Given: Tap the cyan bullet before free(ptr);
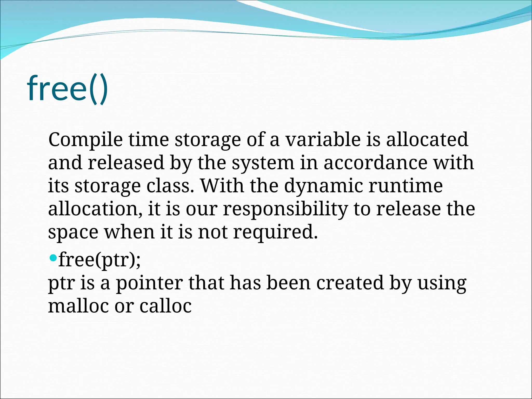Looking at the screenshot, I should [x=53, y=258].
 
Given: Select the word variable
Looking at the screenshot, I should [x=323, y=139].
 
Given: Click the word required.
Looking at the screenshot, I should [x=275, y=232].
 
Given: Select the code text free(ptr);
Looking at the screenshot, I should [x=99, y=260].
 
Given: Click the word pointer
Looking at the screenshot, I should [x=149, y=283].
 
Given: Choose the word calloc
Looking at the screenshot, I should [x=165, y=306].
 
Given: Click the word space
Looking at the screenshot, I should [x=73, y=232].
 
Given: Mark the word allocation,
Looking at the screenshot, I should [x=95, y=209].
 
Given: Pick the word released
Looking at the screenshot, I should [x=126, y=163].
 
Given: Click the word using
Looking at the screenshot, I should [x=442, y=283].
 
